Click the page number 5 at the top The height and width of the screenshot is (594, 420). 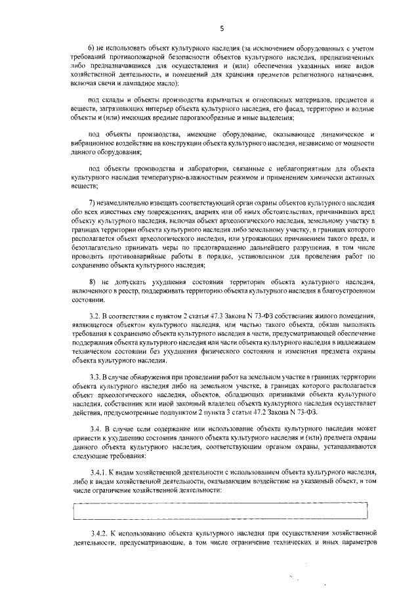tap(222, 28)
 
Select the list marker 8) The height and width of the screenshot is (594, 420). tap(93, 280)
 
